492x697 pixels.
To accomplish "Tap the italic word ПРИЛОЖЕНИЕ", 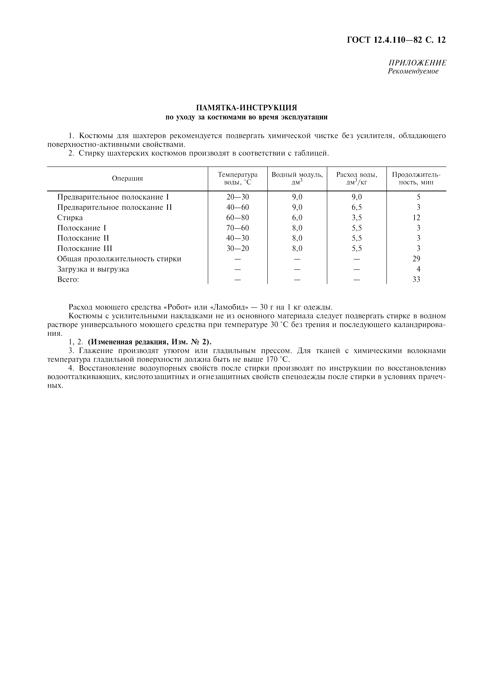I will click(x=417, y=63).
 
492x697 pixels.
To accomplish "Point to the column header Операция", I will click(x=127, y=178).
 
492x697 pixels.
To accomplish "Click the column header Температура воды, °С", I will click(x=238, y=178).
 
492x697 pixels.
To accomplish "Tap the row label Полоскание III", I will click(x=85, y=249).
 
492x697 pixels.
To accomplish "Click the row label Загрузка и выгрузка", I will click(x=93, y=269).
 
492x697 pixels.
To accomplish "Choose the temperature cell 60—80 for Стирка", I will click(x=238, y=218).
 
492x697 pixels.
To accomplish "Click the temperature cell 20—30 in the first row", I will click(x=238, y=197).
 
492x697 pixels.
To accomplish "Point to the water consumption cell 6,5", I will click(x=357, y=207).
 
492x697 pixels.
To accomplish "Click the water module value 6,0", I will click(x=297, y=218).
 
